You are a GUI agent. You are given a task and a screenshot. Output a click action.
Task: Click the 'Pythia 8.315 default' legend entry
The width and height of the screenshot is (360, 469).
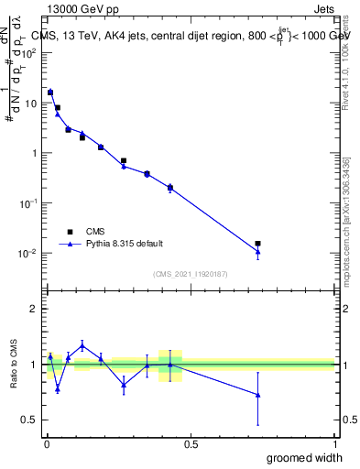(110, 244)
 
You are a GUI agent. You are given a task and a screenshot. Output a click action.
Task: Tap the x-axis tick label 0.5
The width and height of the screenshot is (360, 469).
(191, 442)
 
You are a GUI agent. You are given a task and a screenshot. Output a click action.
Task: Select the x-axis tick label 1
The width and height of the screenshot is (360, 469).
(334, 442)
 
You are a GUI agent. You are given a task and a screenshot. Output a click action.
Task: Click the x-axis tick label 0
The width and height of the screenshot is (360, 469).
(46, 442)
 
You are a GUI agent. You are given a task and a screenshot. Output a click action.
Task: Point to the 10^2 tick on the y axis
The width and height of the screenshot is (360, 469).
(30, 52)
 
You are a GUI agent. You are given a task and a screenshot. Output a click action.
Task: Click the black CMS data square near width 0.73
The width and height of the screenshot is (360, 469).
(258, 244)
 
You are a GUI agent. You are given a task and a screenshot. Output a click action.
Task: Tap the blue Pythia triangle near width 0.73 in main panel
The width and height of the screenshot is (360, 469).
(258, 252)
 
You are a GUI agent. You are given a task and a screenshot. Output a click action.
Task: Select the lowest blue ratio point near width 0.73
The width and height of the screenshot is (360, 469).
(258, 395)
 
